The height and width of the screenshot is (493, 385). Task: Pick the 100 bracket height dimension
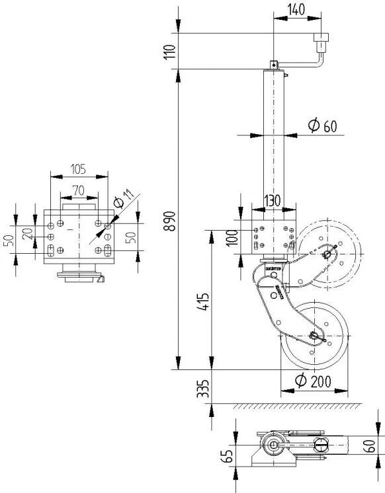(x=231, y=237)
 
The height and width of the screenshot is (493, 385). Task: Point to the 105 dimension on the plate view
(x=79, y=169)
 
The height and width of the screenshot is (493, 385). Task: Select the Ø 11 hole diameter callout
(x=123, y=199)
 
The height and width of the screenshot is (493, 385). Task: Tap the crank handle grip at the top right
(x=321, y=44)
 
